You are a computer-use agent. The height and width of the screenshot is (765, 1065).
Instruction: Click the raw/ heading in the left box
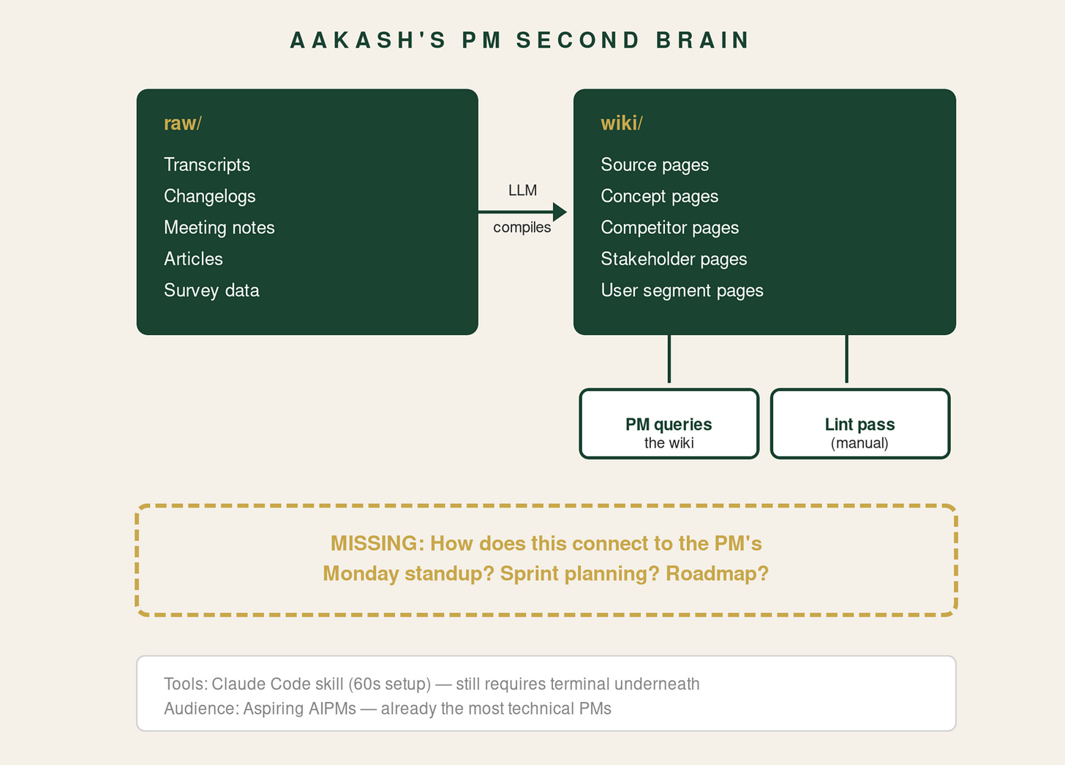point(182,123)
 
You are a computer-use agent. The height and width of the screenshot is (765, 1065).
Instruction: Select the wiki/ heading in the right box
point(621,123)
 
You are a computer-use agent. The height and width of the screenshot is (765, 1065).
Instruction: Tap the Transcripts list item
point(207,165)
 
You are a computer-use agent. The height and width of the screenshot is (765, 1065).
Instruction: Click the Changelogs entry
point(210,196)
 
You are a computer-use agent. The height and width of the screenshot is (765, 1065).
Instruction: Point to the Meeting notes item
point(219,227)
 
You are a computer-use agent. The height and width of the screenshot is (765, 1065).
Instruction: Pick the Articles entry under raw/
point(193,259)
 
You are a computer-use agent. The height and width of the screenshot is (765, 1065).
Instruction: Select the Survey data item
point(211,290)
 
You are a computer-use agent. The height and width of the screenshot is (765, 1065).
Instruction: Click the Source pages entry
point(655,165)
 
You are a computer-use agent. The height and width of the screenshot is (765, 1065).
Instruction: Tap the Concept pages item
point(659,196)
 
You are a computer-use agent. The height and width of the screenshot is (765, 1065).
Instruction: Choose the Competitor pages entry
point(669,227)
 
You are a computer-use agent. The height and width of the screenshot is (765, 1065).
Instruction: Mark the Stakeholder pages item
point(674,259)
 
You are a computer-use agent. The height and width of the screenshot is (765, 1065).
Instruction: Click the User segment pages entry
point(682,290)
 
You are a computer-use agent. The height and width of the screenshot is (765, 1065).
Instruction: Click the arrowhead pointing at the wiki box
point(560,212)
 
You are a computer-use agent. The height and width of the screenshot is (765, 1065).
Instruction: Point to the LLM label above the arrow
point(522,190)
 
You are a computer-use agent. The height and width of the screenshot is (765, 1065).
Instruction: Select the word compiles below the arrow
point(522,227)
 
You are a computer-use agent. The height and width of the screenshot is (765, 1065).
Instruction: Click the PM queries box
point(669,424)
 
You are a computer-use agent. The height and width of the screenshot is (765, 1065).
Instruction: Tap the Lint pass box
point(859,424)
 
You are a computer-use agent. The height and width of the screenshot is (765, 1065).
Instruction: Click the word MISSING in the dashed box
point(373,543)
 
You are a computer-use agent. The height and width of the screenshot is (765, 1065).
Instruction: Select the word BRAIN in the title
point(702,40)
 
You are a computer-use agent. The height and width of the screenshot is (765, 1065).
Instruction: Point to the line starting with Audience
point(387,709)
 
